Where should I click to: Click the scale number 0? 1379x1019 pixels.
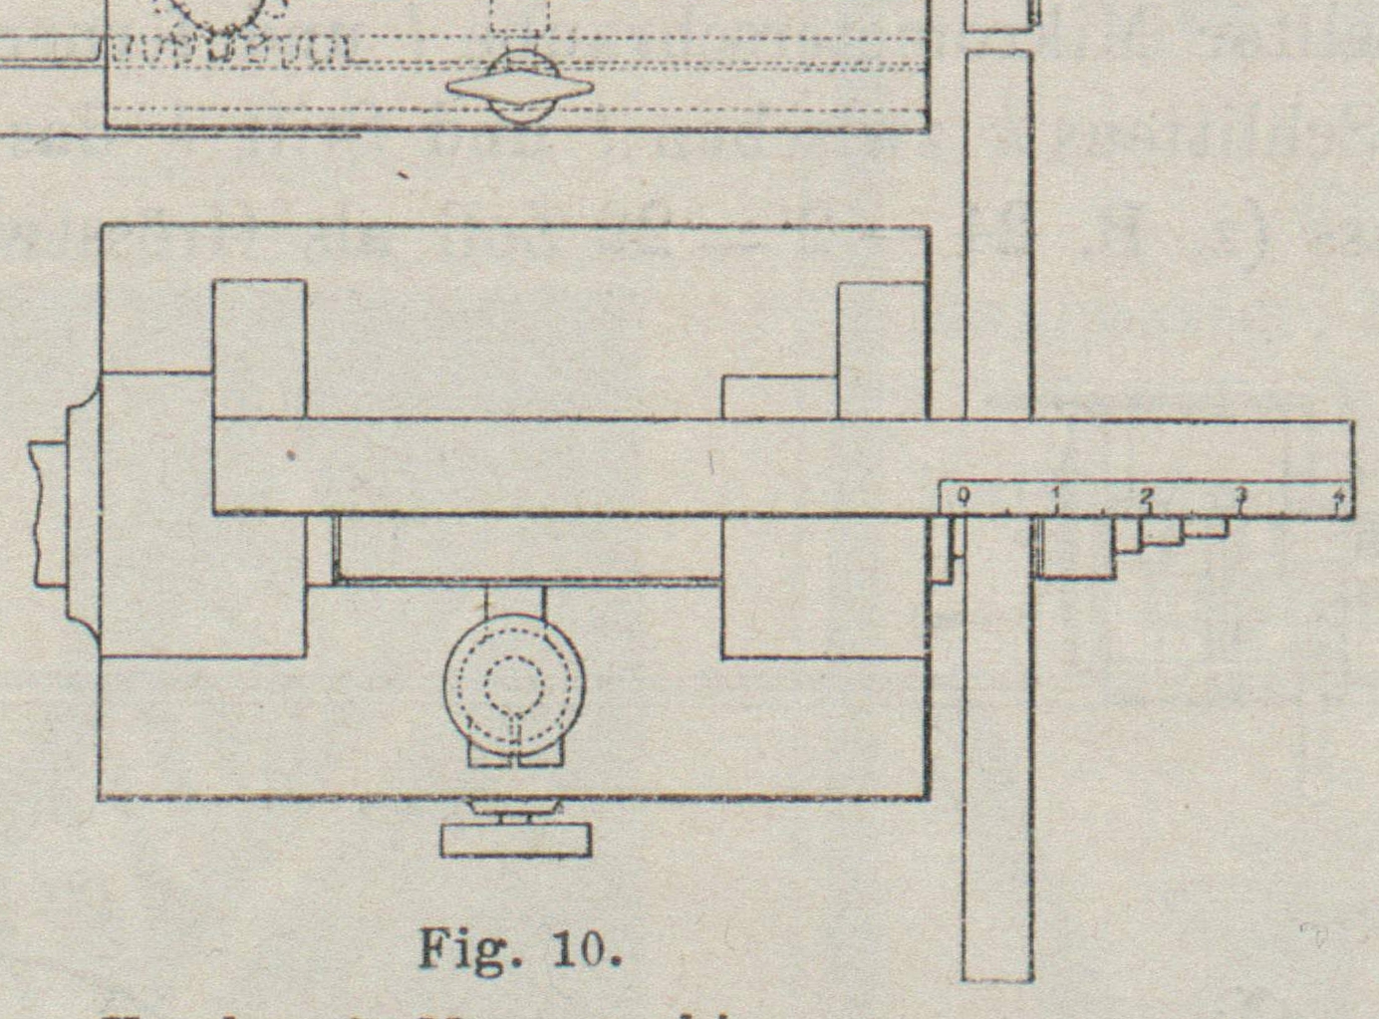click(x=962, y=495)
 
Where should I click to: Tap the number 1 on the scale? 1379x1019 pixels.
click(x=1055, y=494)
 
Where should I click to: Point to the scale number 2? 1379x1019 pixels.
click(x=1147, y=495)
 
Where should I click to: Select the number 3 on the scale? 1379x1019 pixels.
click(x=1241, y=494)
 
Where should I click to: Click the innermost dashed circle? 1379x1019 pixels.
click(x=513, y=684)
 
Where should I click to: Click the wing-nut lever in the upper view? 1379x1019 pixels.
click(x=519, y=88)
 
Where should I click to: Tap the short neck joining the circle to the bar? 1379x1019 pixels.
click(x=515, y=602)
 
